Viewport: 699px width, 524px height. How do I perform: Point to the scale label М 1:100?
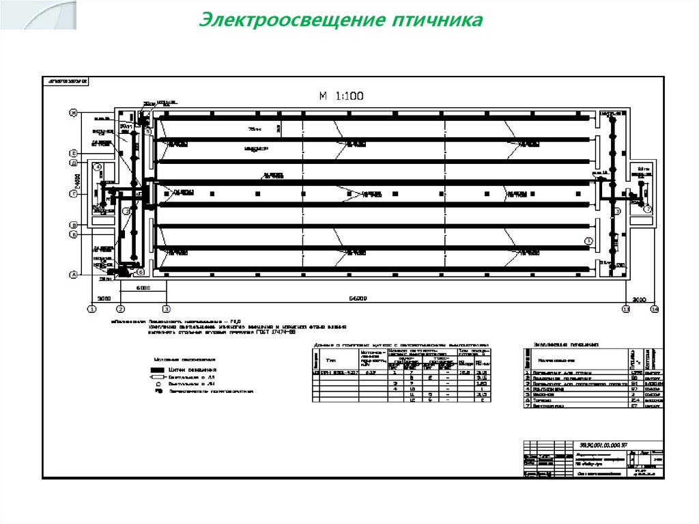point(341,96)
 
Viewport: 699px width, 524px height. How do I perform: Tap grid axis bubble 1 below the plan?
point(91,309)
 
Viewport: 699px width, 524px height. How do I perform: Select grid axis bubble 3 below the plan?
point(165,309)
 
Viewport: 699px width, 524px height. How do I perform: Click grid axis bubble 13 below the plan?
point(625,309)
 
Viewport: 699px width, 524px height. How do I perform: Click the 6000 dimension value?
point(143,289)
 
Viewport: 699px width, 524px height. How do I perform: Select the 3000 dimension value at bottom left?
point(104,299)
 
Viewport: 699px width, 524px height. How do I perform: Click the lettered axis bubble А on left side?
point(72,275)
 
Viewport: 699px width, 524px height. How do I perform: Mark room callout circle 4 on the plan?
point(98,167)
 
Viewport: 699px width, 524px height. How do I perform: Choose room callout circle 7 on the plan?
point(648,210)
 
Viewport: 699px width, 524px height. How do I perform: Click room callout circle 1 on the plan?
point(589,240)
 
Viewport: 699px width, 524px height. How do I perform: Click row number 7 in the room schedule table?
point(527,405)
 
